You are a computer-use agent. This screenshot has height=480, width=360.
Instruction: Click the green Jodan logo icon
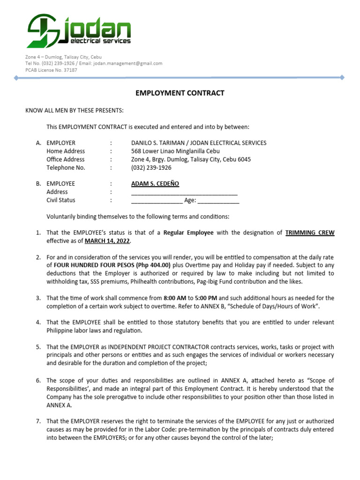(x=44, y=31)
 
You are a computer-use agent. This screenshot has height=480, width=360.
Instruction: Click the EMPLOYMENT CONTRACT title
(x=180, y=93)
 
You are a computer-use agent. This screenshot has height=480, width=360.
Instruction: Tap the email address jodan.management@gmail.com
(x=132, y=63)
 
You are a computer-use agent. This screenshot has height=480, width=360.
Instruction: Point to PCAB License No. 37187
(x=51, y=70)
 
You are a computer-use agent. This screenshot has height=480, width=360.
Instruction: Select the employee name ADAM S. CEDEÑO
(x=155, y=184)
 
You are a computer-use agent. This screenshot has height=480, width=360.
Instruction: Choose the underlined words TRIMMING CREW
(x=310, y=232)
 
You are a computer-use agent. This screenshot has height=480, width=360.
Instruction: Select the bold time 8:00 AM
(x=174, y=298)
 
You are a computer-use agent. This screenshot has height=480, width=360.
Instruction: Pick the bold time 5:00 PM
(x=205, y=298)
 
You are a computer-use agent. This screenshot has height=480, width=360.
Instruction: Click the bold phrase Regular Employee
(x=188, y=232)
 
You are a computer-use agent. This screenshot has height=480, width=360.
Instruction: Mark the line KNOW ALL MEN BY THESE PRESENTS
(x=75, y=110)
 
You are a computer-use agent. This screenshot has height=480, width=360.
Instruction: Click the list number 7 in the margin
(x=38, y=421)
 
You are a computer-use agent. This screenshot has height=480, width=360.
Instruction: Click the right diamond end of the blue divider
(x=342, y=77)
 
